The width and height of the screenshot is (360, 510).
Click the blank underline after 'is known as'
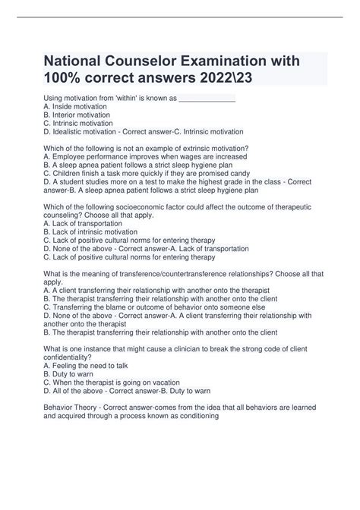pyautogui.click(x=207, y=99)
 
